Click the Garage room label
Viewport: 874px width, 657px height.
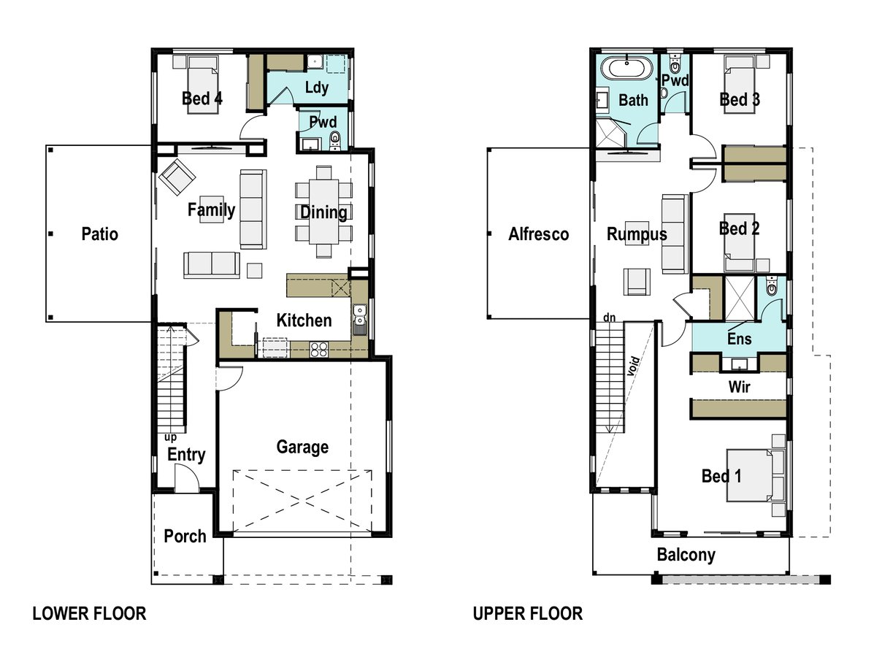[302, 447]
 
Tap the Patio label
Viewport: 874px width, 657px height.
[99, 234]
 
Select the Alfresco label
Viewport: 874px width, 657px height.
[538, 234]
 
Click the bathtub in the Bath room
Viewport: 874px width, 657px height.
[626, 70]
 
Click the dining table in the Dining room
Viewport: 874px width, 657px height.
[323, 212]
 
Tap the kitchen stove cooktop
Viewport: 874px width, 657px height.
[319, 349]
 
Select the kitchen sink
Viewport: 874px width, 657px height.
[359, 315]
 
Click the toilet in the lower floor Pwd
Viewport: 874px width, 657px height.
[335, 138]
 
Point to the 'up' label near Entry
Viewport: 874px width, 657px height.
[170, 437]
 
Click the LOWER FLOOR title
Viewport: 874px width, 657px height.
[89, 614]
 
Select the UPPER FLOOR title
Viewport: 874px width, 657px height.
[527, 614]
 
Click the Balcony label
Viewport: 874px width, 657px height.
[686, 555]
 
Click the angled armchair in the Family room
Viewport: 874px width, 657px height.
[177, 177]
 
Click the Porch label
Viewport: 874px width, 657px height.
[185, 537]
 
